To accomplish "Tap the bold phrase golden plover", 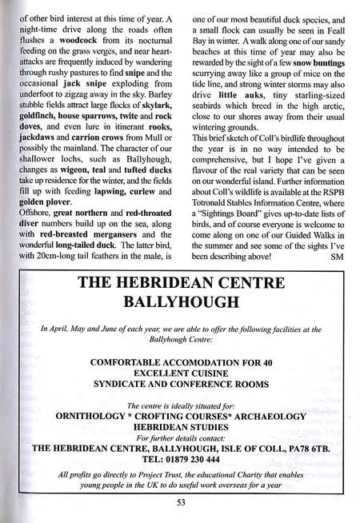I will [42, 227].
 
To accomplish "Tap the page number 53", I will [181, 504].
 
